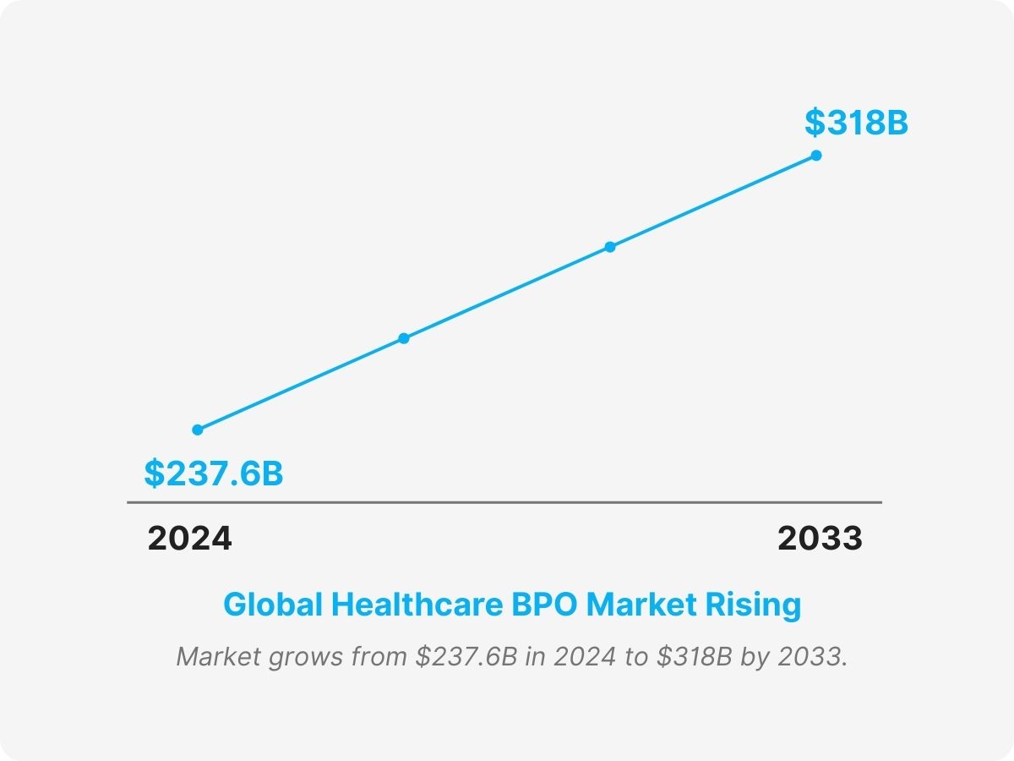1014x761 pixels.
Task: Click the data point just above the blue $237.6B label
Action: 198,430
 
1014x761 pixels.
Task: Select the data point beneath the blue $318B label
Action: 816,156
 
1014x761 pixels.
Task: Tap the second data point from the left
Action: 404,338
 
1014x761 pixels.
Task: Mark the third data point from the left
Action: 610,247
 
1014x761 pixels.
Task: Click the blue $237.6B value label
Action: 213,474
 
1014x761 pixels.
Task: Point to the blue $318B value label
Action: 856,123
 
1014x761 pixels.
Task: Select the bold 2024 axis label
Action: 189,539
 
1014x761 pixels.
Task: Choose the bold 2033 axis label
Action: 820,539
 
